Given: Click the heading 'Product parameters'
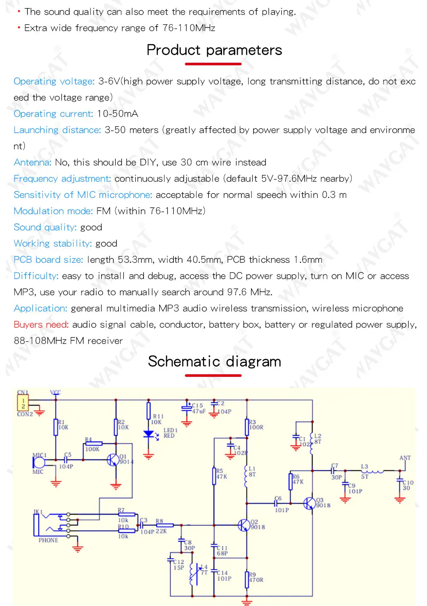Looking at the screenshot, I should click(214, 50).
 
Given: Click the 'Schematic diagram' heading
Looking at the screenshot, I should click(214, 361).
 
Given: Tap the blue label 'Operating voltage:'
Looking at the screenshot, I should click(54, 82).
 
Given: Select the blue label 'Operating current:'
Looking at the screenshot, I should click(53, 114).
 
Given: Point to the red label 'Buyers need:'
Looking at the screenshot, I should click(41, 325).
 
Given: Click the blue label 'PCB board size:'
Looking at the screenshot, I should click(48, 260).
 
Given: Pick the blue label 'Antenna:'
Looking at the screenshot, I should click(32, 163).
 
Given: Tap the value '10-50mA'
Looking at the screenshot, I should click(117, 114).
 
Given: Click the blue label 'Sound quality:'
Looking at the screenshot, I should click(45, 227).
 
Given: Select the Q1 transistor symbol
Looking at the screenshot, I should click(113, 460).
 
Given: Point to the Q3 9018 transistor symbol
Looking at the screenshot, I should click(309, 503).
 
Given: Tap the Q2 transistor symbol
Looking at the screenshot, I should click(243, 525).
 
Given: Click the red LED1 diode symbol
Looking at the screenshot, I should click(149, 434).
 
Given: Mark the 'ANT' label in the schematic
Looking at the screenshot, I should click(405, 458).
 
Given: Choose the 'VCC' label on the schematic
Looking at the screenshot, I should click(56, 393).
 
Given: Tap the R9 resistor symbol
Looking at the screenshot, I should click(247, 580).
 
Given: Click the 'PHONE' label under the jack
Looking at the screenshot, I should click(48, 540).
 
